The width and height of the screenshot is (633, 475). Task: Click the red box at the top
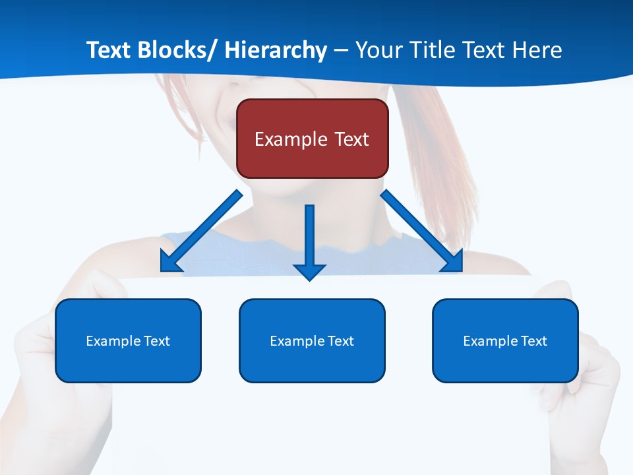click(x=312, y=139)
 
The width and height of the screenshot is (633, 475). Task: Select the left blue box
click(x=128, y=340)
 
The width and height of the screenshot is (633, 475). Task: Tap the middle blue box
click(x=312, y=340)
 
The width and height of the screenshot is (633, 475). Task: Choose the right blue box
click(x=505, y=340)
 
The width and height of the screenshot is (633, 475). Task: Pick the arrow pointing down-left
click(x=201, y=231)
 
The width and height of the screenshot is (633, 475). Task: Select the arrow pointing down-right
click(x=422, y=231)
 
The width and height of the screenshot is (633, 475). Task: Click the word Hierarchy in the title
click(x=276, y=50)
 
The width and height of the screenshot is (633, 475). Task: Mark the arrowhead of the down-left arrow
click(x=170, y=262)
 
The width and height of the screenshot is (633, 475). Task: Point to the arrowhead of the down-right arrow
click(x=453, y=262)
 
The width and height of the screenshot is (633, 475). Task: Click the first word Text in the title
click(x=108, y=50)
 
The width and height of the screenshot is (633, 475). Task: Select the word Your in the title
click(x=378, y=50)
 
